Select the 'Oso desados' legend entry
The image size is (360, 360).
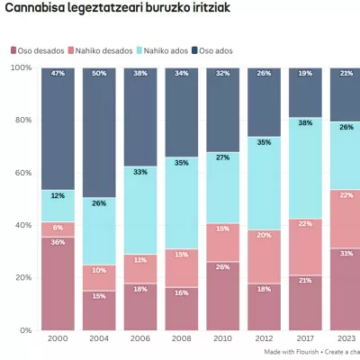click(x=40, y=50)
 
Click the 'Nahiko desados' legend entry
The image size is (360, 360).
click(x=106, y=50)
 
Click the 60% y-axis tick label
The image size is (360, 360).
click(x=22, y=173)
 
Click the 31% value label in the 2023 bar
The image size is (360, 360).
click(x=346, y=253)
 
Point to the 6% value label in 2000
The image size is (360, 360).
click(x=58, y=228)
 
